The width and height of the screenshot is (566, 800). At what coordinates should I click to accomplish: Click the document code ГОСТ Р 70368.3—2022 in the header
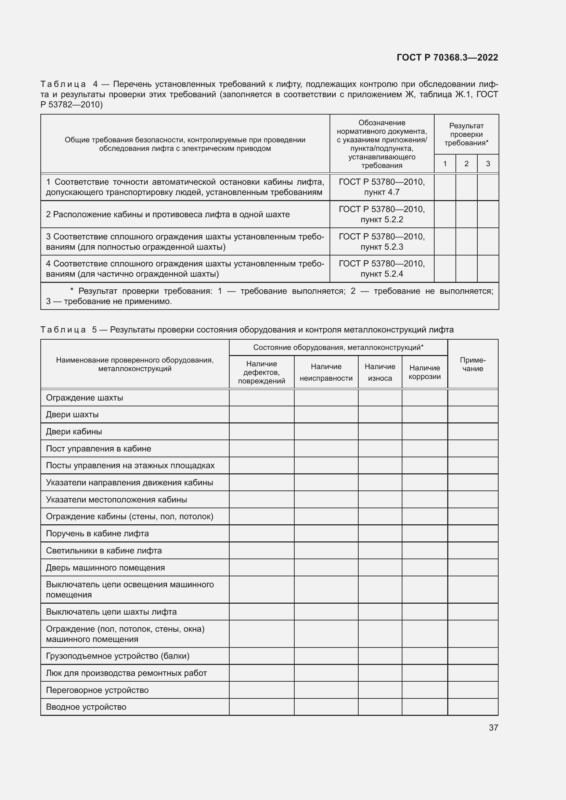tap(447, 57)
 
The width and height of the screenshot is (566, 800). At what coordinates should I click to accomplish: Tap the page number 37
tap(493, 727)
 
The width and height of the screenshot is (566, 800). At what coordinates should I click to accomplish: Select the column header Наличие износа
tap(380, 372)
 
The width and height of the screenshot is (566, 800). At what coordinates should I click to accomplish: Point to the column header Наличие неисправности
tap(326, 372)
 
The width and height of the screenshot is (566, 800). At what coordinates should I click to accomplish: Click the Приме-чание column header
tap(473, 364)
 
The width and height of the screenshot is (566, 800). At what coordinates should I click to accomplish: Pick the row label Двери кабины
tap(74, 432)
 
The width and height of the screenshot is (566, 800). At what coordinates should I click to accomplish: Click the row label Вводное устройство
tap(86, 707)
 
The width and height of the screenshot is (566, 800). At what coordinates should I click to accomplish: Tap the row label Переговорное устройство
tap(97, 690)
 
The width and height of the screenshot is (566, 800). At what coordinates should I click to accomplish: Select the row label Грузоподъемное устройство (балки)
tap(118, 656)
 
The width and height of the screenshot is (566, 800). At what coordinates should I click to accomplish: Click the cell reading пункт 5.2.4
tap(382, 274)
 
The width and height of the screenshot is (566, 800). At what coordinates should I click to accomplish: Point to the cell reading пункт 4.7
tap(382, 192)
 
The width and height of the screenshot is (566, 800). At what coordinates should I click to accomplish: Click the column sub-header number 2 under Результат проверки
tap(466, 164)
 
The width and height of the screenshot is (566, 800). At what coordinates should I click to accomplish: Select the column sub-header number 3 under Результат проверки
tap(488, 164)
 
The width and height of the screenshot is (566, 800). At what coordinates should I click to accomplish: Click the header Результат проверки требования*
tap(466, 134)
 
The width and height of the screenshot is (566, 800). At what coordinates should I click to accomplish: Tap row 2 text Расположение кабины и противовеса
tap(168, 215)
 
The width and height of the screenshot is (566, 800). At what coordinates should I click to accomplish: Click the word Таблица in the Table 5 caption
tap(63, 330)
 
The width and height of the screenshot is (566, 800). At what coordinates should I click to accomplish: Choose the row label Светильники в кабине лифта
tap(104, 551)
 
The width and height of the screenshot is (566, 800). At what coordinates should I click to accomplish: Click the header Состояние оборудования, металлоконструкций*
tap(338, 347)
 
